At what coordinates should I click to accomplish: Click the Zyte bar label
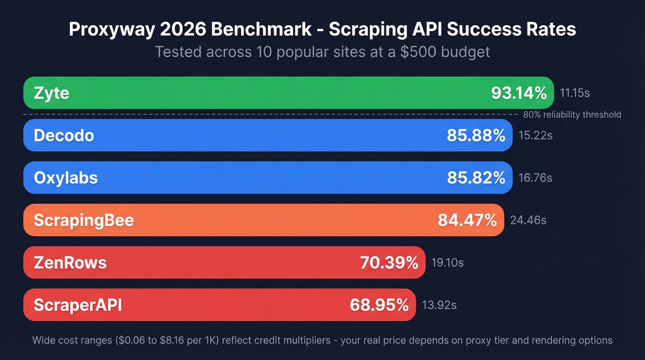pyautogui.click(x=52, y=94)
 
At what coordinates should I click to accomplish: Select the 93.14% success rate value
pyautogui.click(x=519, y=93)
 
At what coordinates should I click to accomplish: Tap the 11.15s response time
pyautogui.click(x=575, y=93)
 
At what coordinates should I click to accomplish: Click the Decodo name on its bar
pyautogui.click(x=64, y=136)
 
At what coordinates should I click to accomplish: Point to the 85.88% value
pyautogui.click(x=476, y=136)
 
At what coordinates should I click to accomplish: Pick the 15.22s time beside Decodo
pyautogui.click(x=535, y=136)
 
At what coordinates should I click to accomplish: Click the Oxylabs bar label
pyautogui.click(x=65, y=178)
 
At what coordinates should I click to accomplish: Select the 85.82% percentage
pyautogui.click(x=476, y=178)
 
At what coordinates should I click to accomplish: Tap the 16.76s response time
pyautogui.click(x=535, y=178)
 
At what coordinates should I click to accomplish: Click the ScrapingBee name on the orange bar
pyautogui.click(x=83, y=220)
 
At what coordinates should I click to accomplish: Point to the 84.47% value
pyautogui.click(x=467, y=220)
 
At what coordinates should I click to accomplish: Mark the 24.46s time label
pyautogui.click(x=528, y=220)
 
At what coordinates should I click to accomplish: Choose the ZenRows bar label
pyautogui.click(x=70, y=263)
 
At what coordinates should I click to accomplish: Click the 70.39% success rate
pyautogui.click(x=389, y=263)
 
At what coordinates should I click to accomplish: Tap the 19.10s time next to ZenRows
pyautogui.click(x=447, y=263)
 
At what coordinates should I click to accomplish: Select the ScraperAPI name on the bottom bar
pyautogui.click(x=78, y=305)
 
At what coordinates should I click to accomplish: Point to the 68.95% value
pyautogui.click(x=379, y=305)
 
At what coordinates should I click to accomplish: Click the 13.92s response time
pyautogui.click(x=439, y=305)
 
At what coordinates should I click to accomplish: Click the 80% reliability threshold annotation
pyautogui.click(x=572, y=115)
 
